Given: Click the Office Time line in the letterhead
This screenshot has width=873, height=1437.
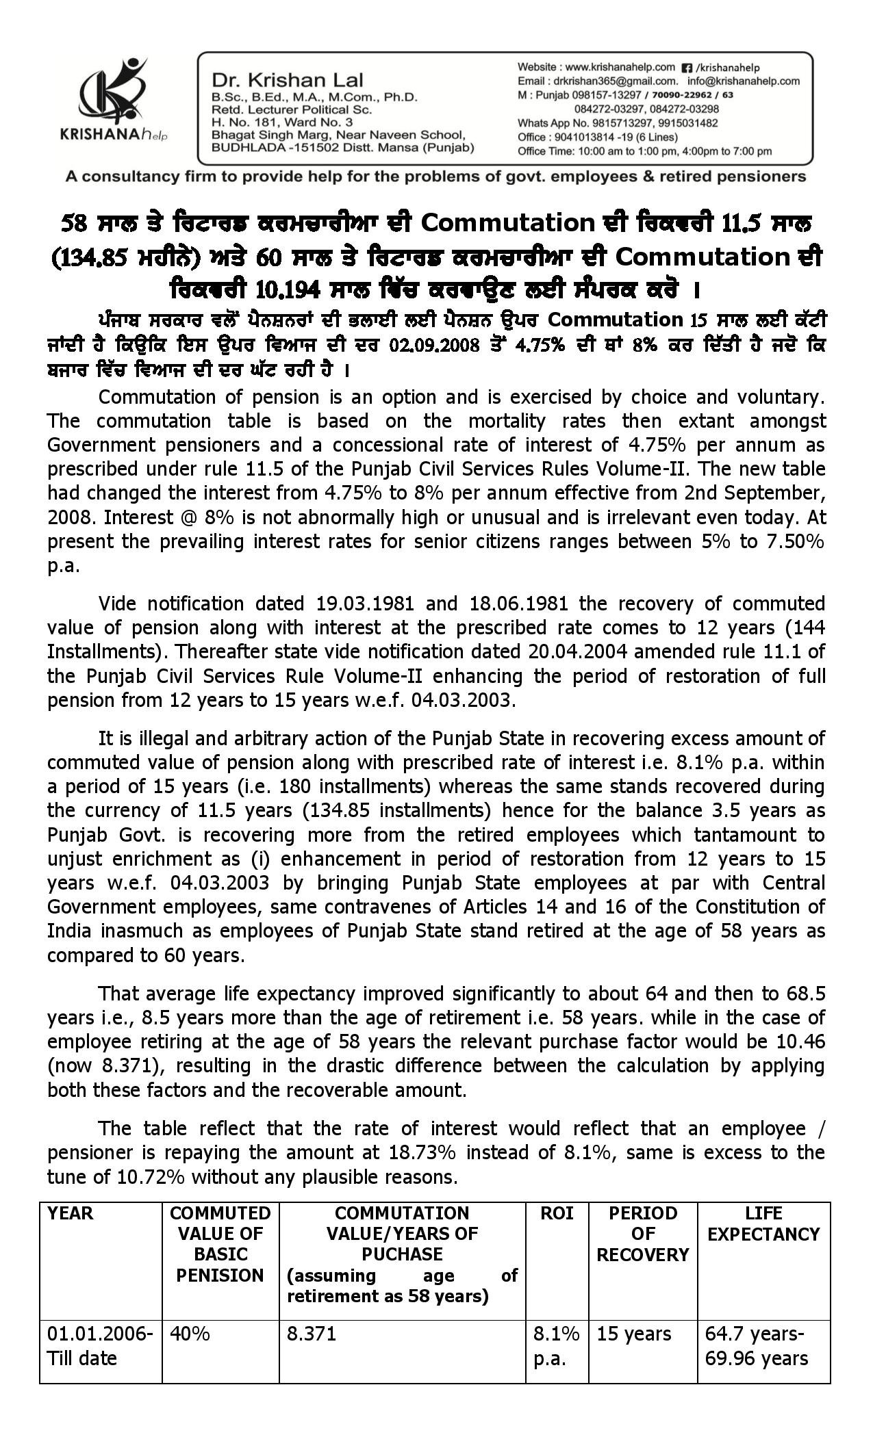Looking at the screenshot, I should pos(644,151).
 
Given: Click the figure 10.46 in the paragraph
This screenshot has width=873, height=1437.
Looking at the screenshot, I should pos(802,1041).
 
